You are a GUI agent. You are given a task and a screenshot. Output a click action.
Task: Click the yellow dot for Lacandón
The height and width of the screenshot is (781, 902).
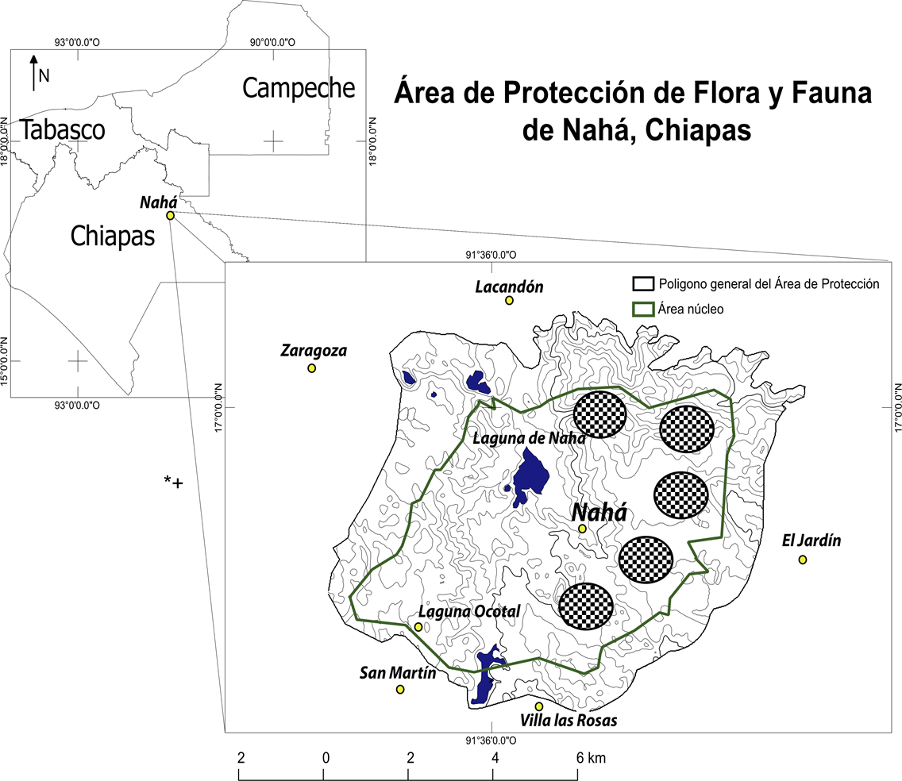[509, 300]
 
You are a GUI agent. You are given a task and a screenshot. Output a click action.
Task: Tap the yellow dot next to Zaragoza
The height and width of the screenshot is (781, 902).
[311, 368]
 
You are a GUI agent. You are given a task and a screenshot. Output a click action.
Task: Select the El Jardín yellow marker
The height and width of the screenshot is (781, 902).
[803, 560]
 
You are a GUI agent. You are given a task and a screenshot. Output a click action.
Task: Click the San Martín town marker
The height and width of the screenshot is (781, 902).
[400, 689]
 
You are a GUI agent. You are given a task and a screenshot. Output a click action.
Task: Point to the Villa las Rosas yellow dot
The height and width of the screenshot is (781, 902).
[539, 706]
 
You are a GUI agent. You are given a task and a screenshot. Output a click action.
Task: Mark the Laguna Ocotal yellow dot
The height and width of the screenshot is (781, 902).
[418, 627]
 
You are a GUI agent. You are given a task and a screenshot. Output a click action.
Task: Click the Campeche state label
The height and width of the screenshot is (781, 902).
[299, 87]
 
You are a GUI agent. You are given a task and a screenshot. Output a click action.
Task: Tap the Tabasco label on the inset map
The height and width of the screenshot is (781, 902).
[63, 129]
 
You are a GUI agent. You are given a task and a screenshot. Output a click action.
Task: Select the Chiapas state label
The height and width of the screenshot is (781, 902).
[112, 235]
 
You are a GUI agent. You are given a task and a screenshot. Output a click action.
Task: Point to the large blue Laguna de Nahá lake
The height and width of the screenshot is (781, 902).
[530, 475]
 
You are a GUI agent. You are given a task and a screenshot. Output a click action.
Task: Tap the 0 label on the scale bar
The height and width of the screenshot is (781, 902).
[326, 758]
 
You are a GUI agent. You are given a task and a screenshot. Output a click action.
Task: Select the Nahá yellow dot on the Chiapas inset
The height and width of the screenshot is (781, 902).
[170, 215]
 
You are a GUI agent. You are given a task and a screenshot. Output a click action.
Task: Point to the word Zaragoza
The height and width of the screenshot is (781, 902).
[314, 350]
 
